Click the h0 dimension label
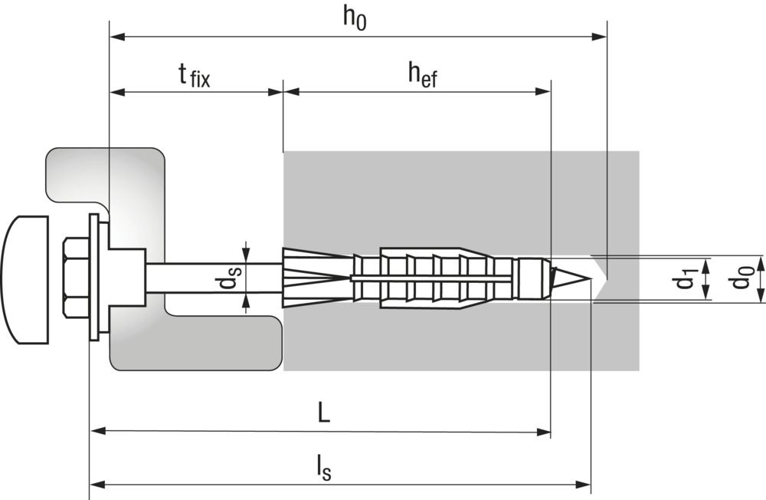(x=355, y=18)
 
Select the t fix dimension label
(x=195, y=75)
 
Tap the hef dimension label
(x=423, y=75)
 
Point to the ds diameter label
(x=228, y=278)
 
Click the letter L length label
(x=324, y=413)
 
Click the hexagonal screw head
(x=76, y=278)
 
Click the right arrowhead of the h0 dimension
(x=599, y=37)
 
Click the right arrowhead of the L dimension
(x=543, y=432)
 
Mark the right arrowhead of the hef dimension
(x=543, y=91)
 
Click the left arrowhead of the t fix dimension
(x=118, y=91)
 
